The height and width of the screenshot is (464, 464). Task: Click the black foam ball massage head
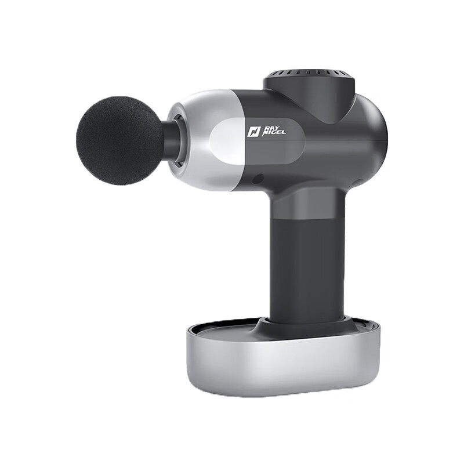[120, 140]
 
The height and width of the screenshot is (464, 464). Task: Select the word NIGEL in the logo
[274, 133]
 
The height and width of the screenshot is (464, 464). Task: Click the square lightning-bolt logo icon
[253, 132]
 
